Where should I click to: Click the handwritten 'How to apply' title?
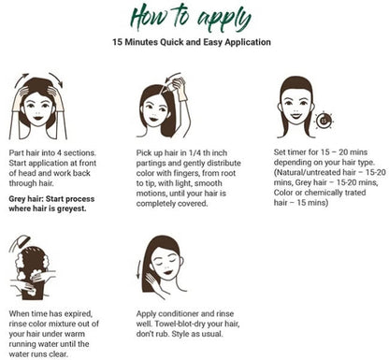click(x=191, y=17)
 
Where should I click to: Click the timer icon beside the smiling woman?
click(x=324, y=121)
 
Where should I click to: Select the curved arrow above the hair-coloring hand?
click(x=172, y=77)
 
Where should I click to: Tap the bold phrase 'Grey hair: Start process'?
click(x=51, y=199)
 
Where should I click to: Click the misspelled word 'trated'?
click(x=355, y=193)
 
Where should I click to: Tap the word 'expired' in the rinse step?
click(x=79, y=314)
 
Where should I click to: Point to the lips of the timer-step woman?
click(x=295, y=116)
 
